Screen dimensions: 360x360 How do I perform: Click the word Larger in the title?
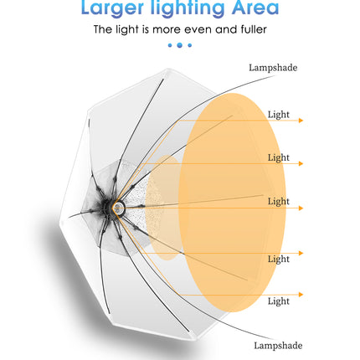coord(112,8)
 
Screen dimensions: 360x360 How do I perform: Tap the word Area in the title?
coord(255,8)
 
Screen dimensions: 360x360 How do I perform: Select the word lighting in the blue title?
coord(188,8)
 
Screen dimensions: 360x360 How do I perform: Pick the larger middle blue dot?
coord(180,45)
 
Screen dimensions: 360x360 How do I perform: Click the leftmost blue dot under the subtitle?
coord(170,45)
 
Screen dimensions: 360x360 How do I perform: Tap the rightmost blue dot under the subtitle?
coord(190,45)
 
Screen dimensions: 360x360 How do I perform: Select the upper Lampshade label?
coord(273,68)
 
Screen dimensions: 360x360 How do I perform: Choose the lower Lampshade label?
coord(278,346)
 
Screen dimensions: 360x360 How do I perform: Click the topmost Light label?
coord(279,115)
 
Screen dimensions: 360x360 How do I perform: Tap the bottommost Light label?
coord(279,301)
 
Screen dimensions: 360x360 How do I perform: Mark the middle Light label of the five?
coord(279,201)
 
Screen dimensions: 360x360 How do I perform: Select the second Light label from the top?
coord(279,157)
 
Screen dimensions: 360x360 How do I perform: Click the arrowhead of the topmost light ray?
coord(301,121)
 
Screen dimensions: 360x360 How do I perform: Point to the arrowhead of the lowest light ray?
coord(301,295)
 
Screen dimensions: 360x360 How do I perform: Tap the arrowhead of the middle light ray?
coord(301,208)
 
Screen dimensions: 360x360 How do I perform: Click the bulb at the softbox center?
coord(118,208)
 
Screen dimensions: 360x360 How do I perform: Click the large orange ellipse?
coord(232,203)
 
